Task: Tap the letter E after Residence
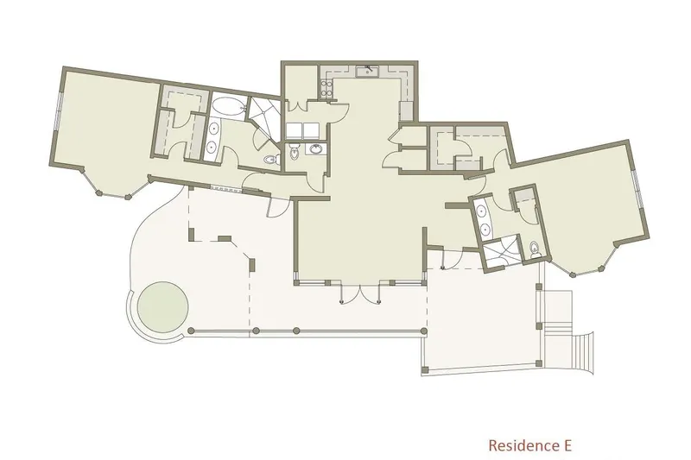[x=567, y=445]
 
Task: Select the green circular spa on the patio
[x=162, y=307]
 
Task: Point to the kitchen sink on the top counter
[x=367, y=71]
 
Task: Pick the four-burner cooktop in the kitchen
[x=326, y=89]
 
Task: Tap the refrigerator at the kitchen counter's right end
[x=406, y=110]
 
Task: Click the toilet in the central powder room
[x=295, y=152]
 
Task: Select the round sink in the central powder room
[x=316, y=149]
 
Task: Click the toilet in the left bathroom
[x=270, y=160]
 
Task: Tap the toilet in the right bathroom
[x=535, y=249]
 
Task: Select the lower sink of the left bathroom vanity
[x=212, y=146]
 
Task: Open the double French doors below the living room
[x=361, y=294]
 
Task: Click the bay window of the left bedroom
[x=113, y=186]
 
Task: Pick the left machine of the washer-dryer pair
[x=294, y=130]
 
